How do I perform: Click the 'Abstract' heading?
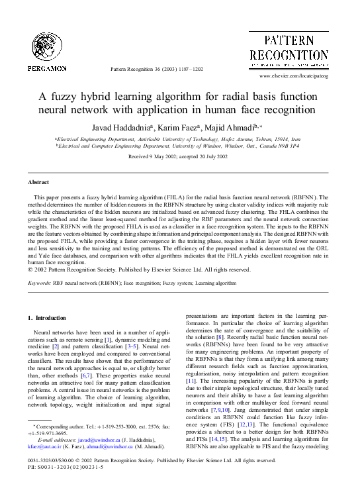click(x=38, y=181)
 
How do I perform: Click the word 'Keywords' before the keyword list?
click(x=40, y=283)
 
